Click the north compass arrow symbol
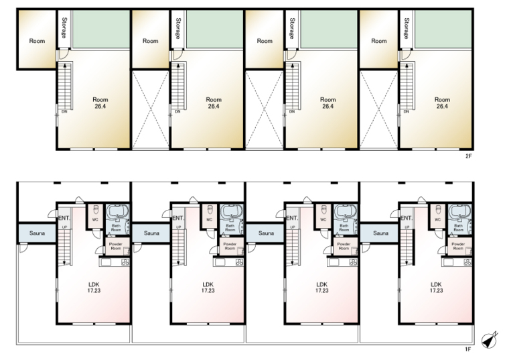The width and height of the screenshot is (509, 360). pos(490,339)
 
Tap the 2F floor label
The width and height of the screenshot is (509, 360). pos(468,156)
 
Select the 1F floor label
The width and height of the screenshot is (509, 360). pos(467,349)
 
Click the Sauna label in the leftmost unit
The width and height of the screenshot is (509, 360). pos(37,233)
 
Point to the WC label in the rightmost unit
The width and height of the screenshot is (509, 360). pos(437,220)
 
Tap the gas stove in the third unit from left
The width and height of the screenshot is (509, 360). pos(353,262)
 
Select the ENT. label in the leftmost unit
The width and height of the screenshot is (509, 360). pos(64,218)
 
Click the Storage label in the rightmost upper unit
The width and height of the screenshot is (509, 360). pos(407,28)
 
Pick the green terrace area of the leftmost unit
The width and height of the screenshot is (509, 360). pos(101,29)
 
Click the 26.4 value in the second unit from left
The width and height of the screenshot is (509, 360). pos(213,106)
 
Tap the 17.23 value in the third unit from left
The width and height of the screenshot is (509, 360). pos(321,290)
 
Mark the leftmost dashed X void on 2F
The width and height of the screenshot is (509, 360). pos(150,109)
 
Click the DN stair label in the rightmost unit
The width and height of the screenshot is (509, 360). pos(406,111)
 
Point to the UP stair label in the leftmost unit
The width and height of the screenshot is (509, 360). pos(64,227)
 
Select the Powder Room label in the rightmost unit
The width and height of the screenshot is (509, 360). pos(458,246)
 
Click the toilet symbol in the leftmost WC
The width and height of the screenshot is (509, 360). pos(96,208)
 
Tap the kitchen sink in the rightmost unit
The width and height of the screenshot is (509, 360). pos(448,262)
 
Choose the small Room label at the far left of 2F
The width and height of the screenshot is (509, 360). pos(37,41)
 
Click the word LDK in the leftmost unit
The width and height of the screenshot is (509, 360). pos(94,285)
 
